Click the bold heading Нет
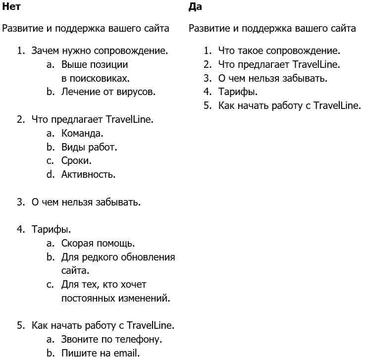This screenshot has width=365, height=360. coord(11,7)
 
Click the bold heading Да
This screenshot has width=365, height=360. coord(195,7)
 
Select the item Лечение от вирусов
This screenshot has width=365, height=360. coord(108,92)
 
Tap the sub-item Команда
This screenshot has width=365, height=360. coord(82,133)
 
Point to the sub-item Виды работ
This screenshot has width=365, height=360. coord(89,147)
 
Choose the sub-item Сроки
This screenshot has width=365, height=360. coord(76,160)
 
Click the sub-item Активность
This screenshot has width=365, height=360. coord(88,174)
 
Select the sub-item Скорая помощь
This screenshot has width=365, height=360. coord(98,243)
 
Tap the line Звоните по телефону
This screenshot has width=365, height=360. coord(111,340)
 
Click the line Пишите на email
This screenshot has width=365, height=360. coord(100,353)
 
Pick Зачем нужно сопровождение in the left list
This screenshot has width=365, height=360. coord(99,51)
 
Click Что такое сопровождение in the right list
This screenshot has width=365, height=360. coord(279,51)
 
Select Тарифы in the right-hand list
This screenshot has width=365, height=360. coord(237,92)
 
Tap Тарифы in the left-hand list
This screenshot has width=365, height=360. coord(51,229)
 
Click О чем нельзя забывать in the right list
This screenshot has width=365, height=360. coord(272,78)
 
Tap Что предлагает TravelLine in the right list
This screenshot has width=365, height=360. coord(279,64)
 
